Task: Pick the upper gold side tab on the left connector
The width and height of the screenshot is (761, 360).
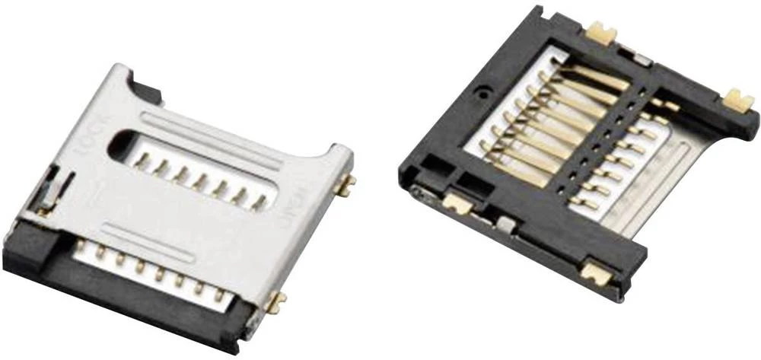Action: click(347, 184)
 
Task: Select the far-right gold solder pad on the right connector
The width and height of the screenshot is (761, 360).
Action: click(737, 99)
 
